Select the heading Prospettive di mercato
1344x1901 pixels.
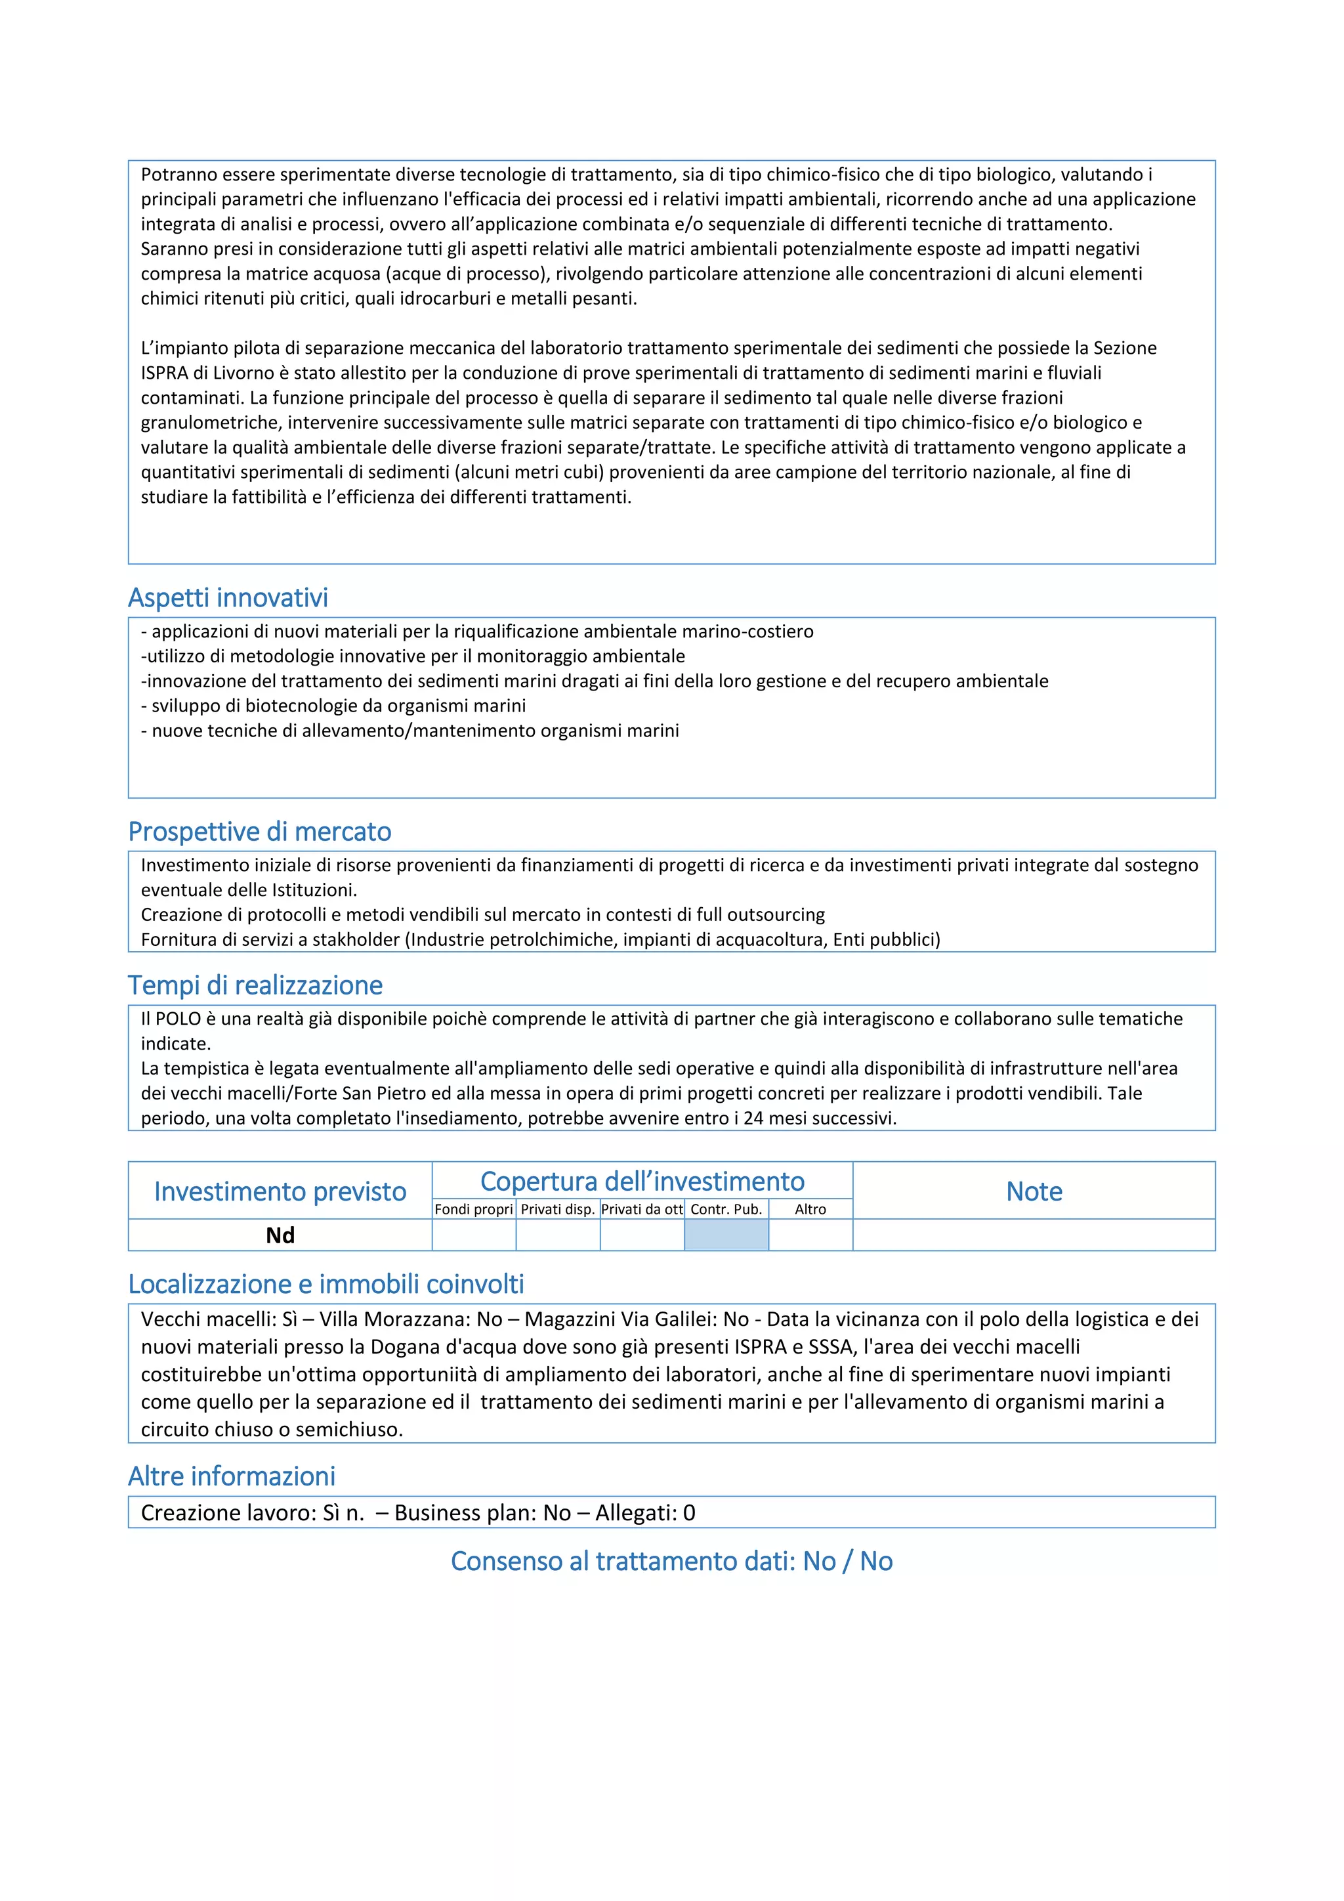coord(259,831)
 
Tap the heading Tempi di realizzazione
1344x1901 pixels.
coord(255,985)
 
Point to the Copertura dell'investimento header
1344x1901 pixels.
coord(642,1181)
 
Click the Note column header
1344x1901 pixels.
coord(1034,1191)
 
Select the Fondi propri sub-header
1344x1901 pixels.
coord(473,1209)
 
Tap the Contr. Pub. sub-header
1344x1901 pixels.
coord(726,1209)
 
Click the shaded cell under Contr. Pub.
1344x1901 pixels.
coord(726,1235)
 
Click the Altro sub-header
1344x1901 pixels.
coord(810,1209)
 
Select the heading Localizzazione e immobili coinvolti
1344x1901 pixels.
coord(326,1284)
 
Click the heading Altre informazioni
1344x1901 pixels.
coord(232,1476)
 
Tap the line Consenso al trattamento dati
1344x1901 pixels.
coord(671,1561)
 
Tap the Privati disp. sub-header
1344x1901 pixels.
coord(558,1209)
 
